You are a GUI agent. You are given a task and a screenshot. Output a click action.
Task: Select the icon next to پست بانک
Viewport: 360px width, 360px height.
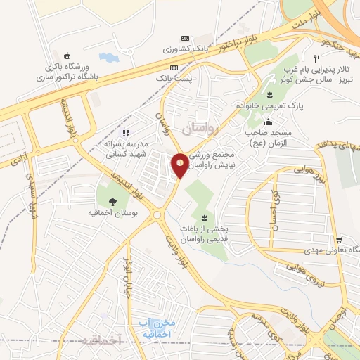174,68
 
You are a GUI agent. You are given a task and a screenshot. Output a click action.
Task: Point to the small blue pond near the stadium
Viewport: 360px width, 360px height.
109,56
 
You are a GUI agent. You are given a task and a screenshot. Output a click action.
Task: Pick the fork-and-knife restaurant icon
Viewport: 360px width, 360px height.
318,59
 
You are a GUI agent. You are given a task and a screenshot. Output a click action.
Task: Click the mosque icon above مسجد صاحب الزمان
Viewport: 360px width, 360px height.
268,122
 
